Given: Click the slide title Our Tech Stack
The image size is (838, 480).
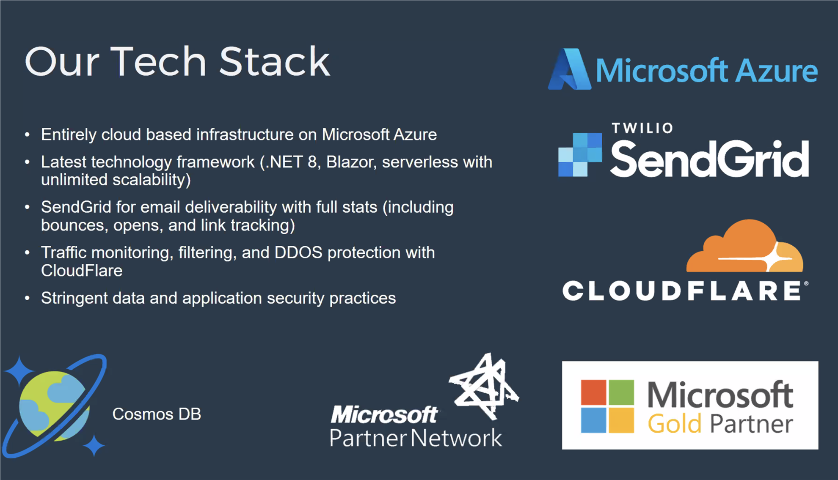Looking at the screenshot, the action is [177, 62].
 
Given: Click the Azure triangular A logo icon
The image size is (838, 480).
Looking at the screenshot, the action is [570, 69].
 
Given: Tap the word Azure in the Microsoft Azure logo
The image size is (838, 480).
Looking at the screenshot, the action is [777, 70].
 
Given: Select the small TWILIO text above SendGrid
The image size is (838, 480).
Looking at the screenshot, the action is [642, 128].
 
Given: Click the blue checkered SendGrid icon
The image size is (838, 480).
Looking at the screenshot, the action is [580, 155].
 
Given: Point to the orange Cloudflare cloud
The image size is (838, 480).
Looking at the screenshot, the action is [744, 246].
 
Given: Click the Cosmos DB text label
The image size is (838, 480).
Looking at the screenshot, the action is [157, 414].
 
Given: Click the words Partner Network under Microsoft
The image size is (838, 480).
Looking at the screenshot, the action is [416, 438].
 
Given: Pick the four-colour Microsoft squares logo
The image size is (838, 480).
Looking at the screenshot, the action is [607, 406].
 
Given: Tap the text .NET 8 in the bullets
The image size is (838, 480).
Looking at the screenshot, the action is [291, 162].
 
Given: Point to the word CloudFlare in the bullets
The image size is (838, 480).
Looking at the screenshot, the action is [82, 271].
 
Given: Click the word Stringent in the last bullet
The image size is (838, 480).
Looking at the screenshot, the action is [69, 298].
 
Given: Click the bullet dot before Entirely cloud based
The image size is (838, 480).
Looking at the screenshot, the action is [28, 135].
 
